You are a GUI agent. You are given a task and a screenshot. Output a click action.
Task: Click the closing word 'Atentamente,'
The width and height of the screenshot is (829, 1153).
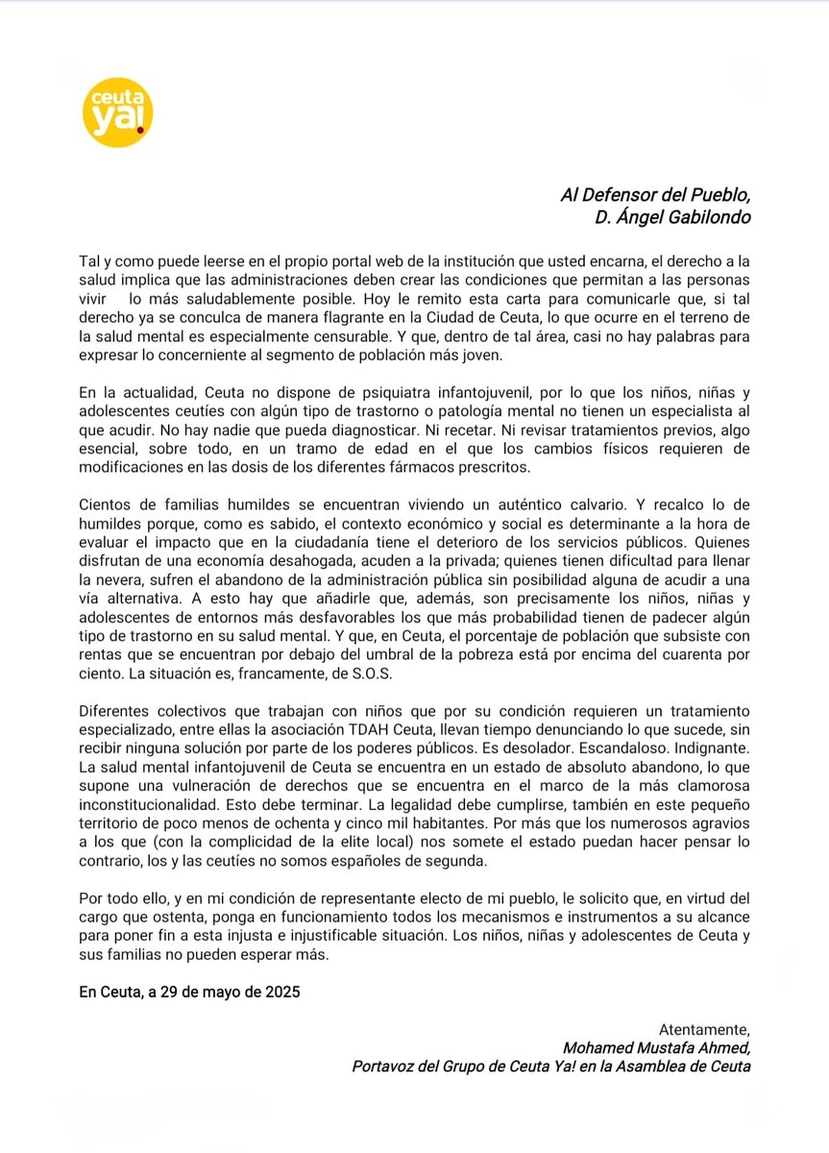point(704,1030)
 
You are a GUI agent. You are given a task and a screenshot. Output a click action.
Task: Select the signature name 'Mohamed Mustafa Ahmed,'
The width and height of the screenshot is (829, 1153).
point(656,1048)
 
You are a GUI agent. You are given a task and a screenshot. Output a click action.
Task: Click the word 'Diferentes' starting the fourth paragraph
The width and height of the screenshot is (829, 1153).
point(113,709)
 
